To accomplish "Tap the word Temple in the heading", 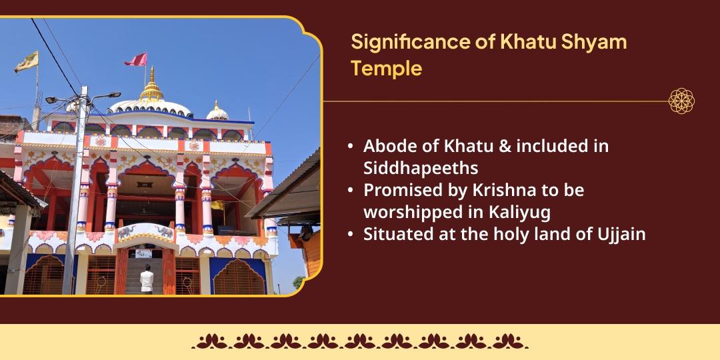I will point(386,68).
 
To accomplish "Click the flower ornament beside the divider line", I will point(681,101).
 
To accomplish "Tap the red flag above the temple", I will point(137,60).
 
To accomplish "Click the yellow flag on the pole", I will point(27,62).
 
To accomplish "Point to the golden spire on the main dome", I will point(152,85).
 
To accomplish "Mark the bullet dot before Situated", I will point(351,234).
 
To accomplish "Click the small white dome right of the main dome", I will point(216,112).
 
